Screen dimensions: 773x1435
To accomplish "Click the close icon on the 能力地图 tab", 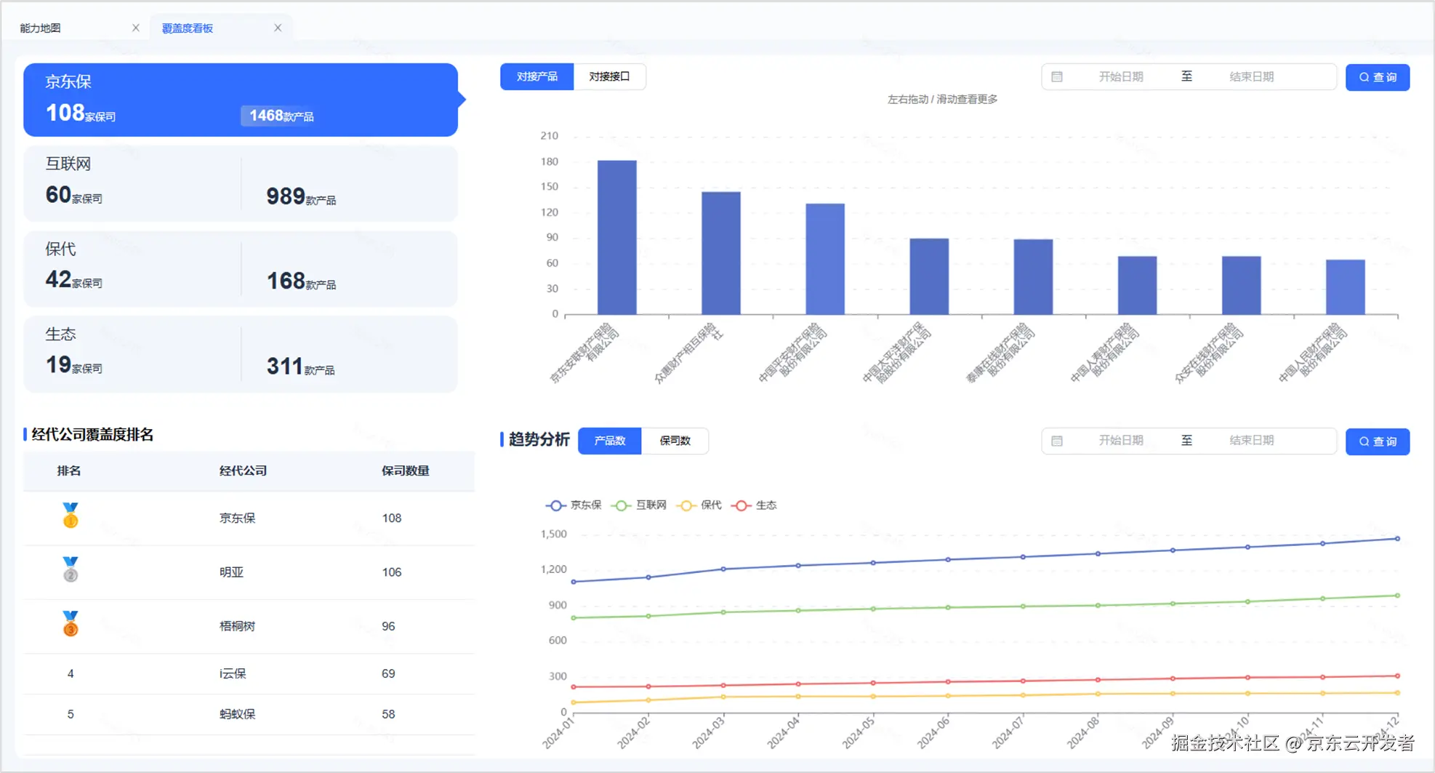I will coord(135,28).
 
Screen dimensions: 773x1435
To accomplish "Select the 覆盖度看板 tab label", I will coord(188,28).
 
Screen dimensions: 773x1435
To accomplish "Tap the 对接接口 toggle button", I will coord(609,76).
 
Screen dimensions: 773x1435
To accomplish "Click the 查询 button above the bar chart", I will coord(1377,77).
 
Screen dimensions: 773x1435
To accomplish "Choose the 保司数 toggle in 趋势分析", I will coord(675,441).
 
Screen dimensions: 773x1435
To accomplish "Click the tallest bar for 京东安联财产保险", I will coord(616,237).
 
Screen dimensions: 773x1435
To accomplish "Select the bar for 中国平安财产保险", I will coord(825,259).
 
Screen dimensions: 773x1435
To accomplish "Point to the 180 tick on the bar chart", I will coord(550,161).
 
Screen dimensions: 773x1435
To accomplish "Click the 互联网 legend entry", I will coord(640,505).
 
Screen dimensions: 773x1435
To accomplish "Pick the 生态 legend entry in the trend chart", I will coord(755,505).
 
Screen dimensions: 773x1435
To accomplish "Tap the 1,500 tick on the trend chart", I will coord(553,534).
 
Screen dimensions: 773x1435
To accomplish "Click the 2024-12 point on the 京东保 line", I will coord(1397,539).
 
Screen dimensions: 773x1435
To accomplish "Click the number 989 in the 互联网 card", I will coord(286,196).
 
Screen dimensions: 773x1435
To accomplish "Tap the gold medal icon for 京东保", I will coord(71,516).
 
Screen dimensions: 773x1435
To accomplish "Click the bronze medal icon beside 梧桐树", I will coord(71,624).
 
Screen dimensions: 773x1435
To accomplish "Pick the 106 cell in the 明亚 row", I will coord(392,572).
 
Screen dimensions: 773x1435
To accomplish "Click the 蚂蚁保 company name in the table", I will coord(238,714).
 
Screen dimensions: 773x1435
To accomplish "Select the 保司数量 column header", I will coord(405,470).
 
